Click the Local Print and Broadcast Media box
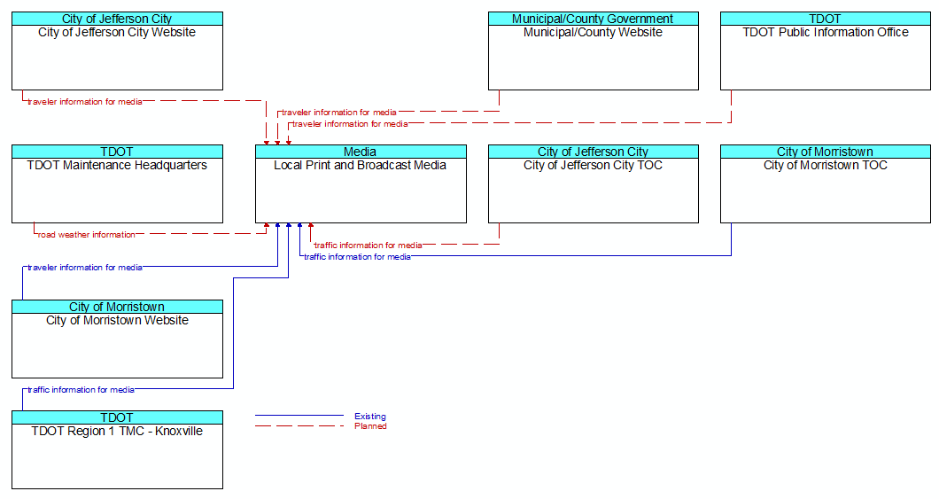(x=361, y=183)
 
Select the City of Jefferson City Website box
(x=117, y=51)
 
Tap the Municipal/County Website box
(x=593, y=51)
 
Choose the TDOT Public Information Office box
(x=826, y=51)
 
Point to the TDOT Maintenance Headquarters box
(x=117, y=183)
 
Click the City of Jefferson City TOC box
(x=593, y=183)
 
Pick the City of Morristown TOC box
(x=826, y=183)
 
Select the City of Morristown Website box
(x=117, y=339)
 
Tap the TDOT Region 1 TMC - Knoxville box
(x=117, y=450)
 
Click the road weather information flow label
(x=86, y=235)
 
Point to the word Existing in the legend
(x=370, y=417)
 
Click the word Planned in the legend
(x=370, y=426)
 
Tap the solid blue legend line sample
(x=299, y=415)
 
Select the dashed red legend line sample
(x=299, y=426)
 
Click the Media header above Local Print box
(x=361, y=152)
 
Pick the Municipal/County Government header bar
(x=593, y=19)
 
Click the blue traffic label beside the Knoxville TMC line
(x=81, y=390)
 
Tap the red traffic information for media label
(x=368, y=245)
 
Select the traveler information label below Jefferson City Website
(x=84, y=102)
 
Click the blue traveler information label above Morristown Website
(x=84, y=268)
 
